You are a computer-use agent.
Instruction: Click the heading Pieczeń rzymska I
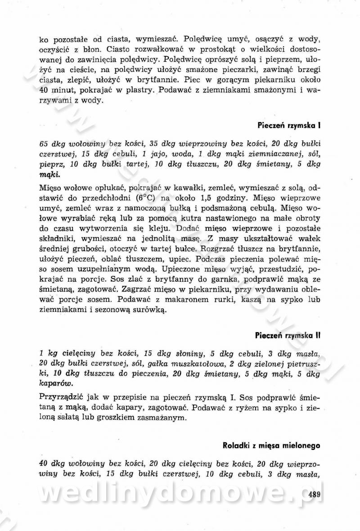(288, 125)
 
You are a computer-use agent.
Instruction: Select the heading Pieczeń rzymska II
(287, 335)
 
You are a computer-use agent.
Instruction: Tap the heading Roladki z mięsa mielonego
(271, 445)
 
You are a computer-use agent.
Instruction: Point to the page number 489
(314, 495)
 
